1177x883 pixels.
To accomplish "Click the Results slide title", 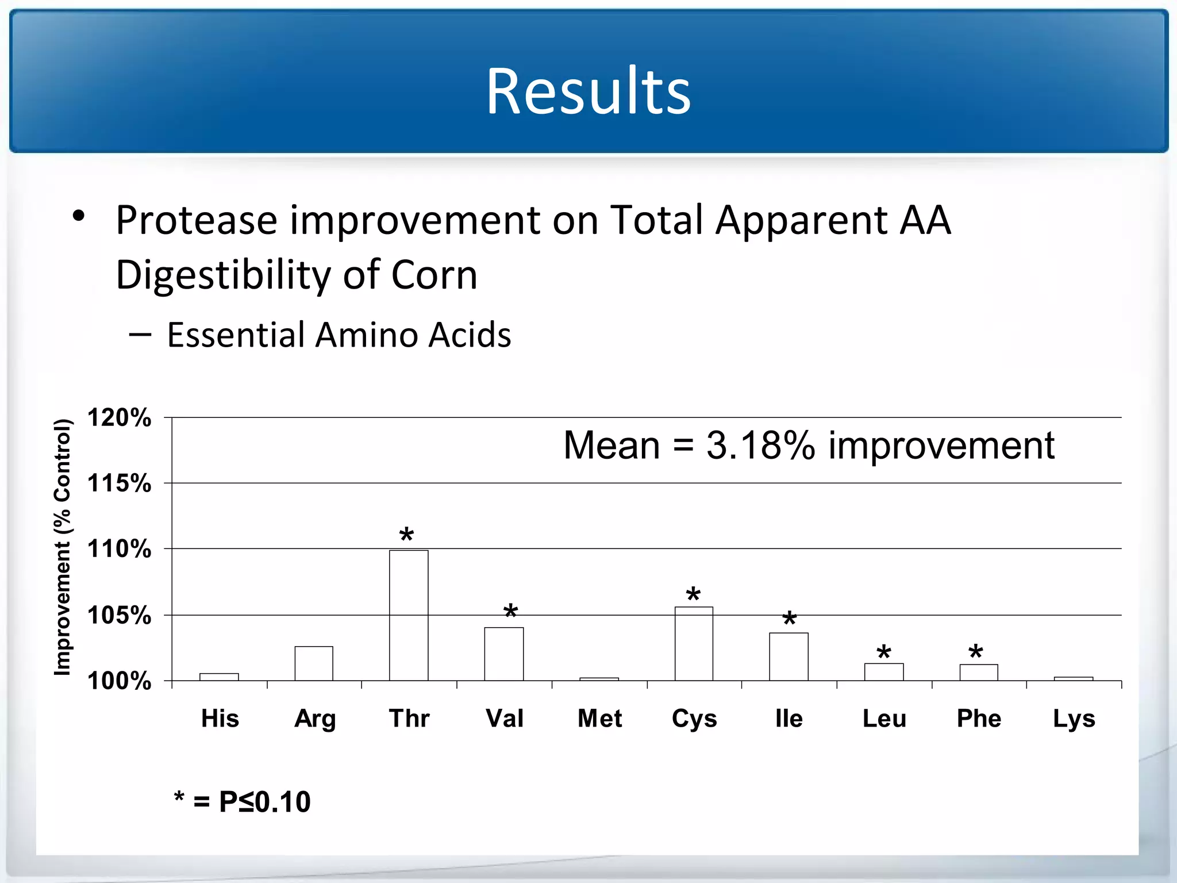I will coord(588,91).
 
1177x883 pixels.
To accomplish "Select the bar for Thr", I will coord(409,615).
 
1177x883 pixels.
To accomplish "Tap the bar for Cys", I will coord(694,644).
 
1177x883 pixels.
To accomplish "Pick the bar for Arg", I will coord(314,663).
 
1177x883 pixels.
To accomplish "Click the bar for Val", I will coord(504,654).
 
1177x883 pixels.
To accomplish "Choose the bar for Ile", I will coord(788,657).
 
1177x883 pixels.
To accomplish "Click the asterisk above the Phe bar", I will coord(975,652).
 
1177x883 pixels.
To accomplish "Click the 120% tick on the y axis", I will coord(119,417).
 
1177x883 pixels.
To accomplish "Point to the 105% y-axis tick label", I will coord(119,616).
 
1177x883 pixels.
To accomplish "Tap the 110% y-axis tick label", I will coord(119,549).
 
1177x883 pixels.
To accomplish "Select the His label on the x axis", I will coord(220,719).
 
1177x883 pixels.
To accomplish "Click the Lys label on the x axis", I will coord(1074,719).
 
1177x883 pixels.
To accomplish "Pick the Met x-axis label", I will coord(599,719).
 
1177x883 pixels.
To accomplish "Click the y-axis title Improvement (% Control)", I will coord(62,547).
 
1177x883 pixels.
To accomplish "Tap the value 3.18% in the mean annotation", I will coord(760,445).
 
